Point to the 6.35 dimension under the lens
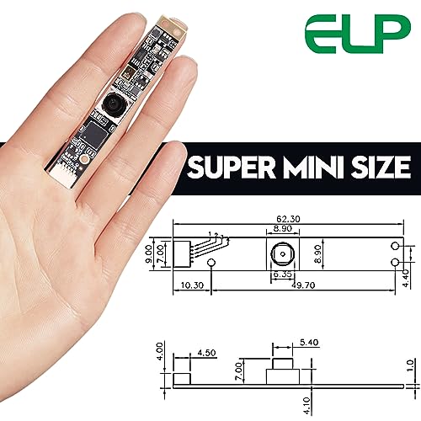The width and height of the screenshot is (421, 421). point(282,274)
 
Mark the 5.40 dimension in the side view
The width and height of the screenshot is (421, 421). point(310,344)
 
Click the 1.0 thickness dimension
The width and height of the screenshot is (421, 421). point(410,368)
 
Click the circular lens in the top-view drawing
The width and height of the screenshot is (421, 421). point(282,253)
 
